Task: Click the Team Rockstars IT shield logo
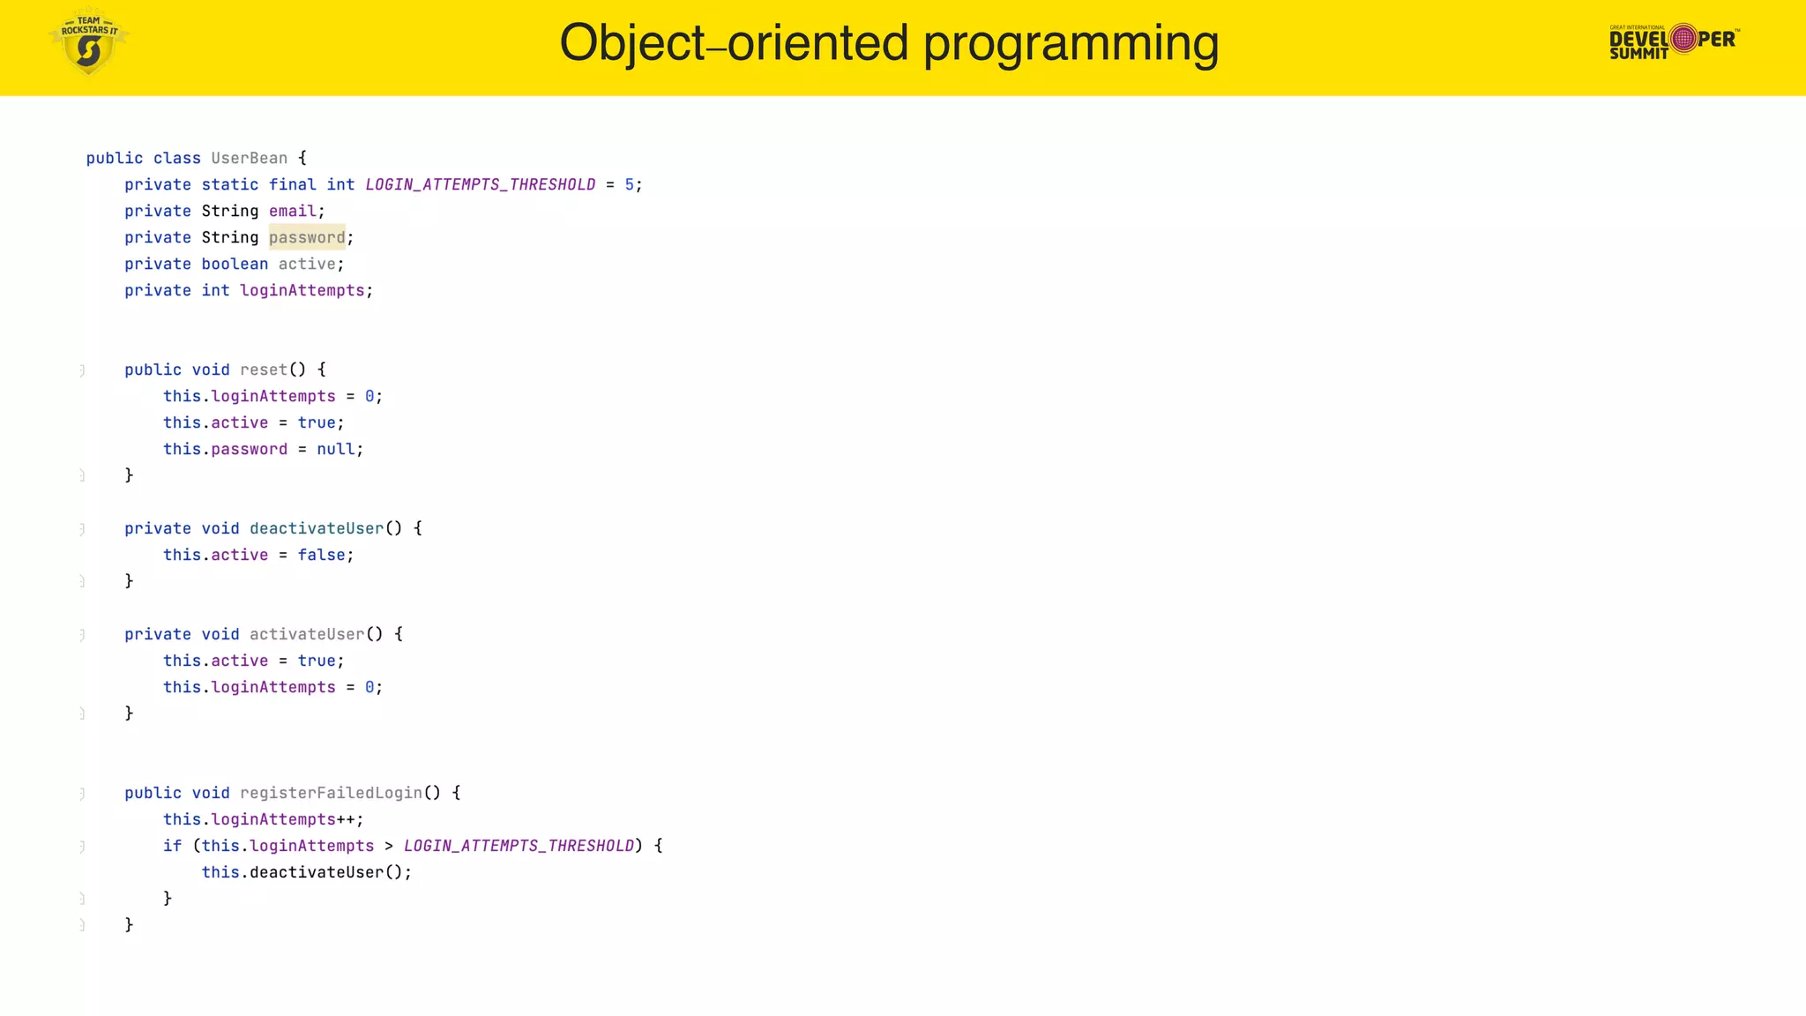(88, 42)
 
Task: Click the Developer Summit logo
(1674, 41)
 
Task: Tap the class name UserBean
(250, 158)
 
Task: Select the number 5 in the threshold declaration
(630, 184)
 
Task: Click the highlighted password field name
(307, 237)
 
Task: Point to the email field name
(293, 211)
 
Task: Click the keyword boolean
(235, 264)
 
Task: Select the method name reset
(264, 370)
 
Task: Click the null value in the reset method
(336, 449)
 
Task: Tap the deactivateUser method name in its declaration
(317, 528)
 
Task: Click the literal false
(321, 555)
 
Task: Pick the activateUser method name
(307, 634)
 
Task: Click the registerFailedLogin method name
(331, 793)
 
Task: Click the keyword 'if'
(172, 846)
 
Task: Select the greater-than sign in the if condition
(389, 846)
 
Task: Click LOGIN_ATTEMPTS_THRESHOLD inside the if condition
(519, 846)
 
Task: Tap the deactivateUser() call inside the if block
(326, 872)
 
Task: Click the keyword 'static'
(230, 184)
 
